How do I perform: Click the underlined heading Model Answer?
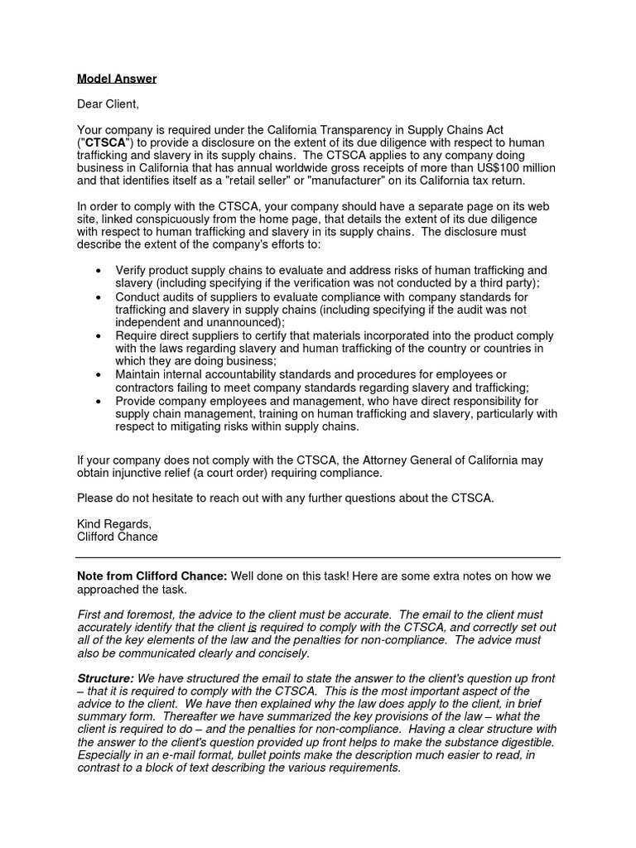point(117,79)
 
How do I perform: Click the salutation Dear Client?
point(108,104)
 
